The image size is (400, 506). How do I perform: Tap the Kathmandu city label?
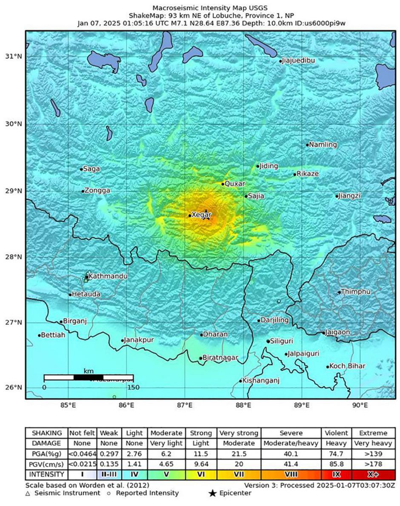coord(108,276)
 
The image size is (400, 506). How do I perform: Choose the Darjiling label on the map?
coord(274,320)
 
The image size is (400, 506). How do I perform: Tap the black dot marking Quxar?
coord(223,184)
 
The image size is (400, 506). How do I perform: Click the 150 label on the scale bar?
coord(133,387)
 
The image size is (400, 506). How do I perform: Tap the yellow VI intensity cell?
coord(201,474)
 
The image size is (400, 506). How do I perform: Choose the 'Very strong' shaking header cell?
coord(239,433)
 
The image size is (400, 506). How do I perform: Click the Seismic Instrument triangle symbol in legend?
coord(28,493)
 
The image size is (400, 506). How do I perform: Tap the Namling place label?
coord(323,145)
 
